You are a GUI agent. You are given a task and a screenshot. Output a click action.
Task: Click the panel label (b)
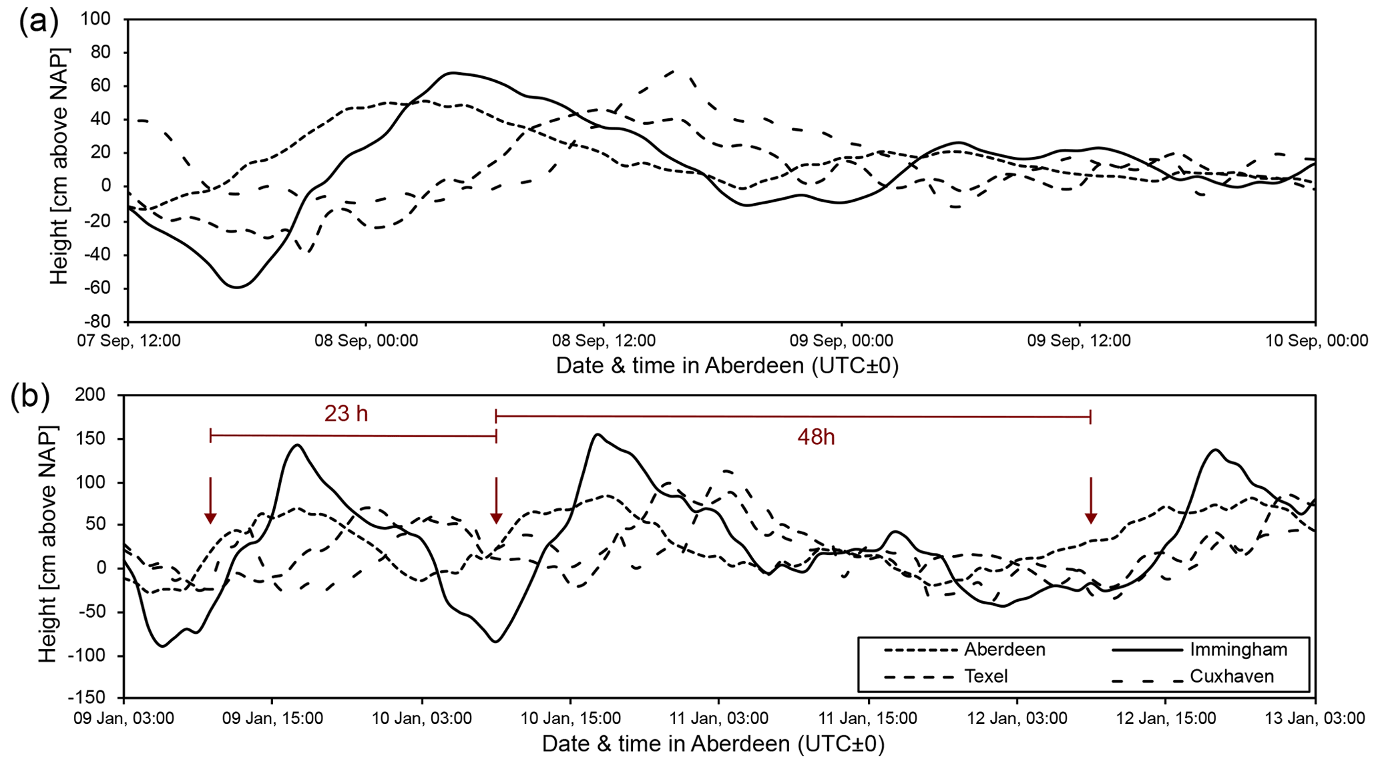pos(31,397)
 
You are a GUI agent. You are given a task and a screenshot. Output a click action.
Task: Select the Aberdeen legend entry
pos(1004,649)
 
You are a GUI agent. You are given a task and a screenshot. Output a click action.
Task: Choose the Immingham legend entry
pos(1238,649)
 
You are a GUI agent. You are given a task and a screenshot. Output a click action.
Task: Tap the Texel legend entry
pos(985,677)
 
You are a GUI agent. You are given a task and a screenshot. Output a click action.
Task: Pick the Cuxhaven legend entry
pos(1232,677)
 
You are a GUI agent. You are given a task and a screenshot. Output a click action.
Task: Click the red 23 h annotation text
pos(346,414)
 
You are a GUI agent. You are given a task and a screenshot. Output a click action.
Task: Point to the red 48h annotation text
pos(816,437)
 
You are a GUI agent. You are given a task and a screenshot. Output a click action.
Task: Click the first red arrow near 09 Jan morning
pos(210,500)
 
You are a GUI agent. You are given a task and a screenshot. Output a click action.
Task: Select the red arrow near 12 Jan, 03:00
pos(1091,500)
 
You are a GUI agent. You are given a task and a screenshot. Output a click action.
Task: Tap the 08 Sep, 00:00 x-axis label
pos(366,341)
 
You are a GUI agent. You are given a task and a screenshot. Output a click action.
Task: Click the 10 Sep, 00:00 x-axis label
pos(1316,341)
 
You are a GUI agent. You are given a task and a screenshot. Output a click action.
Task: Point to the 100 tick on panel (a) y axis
pos(95,19)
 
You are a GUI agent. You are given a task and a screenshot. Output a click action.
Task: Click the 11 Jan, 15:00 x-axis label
pos(867,719)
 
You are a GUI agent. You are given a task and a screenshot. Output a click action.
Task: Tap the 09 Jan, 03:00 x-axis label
pos(125,719)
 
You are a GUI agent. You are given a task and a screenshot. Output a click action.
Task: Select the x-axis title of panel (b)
pos(713,744)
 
